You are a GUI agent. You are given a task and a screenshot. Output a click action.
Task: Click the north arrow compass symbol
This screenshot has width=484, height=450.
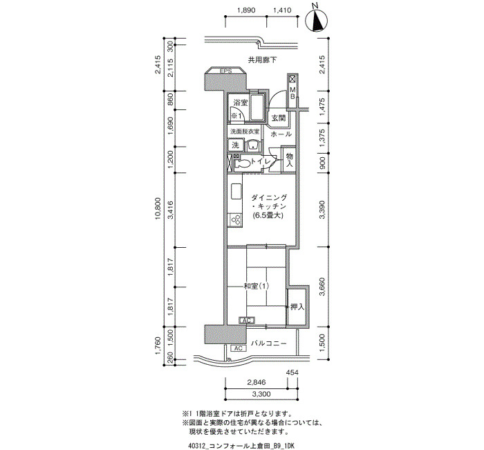tap(316, 21)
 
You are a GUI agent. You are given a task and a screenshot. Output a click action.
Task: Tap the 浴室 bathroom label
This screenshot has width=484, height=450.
tap(241, 102)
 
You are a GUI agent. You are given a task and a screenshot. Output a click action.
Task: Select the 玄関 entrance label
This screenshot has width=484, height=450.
tap(278, 118)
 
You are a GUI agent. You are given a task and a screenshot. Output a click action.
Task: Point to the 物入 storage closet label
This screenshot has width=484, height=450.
tap(289, 160)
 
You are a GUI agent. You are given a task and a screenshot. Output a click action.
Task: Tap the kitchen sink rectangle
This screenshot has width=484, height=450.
tap(236, 192)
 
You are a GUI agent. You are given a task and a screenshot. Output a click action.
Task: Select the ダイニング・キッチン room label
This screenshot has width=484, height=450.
tap(269, 206)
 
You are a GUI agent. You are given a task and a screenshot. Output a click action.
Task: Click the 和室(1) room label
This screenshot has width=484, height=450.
tap(257, 286)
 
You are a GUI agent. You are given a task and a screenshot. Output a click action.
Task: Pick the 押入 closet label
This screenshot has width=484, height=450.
tap(297, 307)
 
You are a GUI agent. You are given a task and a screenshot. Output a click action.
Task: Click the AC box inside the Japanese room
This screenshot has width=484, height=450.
tap(247, 321)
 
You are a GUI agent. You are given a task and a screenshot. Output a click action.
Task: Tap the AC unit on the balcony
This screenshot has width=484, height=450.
tap(239, 348)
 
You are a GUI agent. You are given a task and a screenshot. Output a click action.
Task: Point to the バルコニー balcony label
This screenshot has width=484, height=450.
tap(268, 343)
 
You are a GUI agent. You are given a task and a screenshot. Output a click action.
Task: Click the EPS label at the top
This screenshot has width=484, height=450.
tap(225, 71)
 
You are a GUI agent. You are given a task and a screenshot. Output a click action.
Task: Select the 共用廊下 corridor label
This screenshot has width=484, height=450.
tap(262, 60)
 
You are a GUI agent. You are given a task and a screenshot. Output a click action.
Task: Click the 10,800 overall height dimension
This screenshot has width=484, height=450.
tap(158, 208)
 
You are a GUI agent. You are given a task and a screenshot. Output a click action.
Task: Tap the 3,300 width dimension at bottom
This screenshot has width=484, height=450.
tap(261, 394)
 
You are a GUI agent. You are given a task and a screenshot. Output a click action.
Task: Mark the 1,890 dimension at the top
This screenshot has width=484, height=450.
tap(246, 10)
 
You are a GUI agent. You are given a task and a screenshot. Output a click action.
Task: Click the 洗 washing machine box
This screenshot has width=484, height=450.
tap(236, 145)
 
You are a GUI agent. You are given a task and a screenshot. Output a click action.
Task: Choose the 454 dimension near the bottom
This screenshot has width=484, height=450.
tap(292, 372)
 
